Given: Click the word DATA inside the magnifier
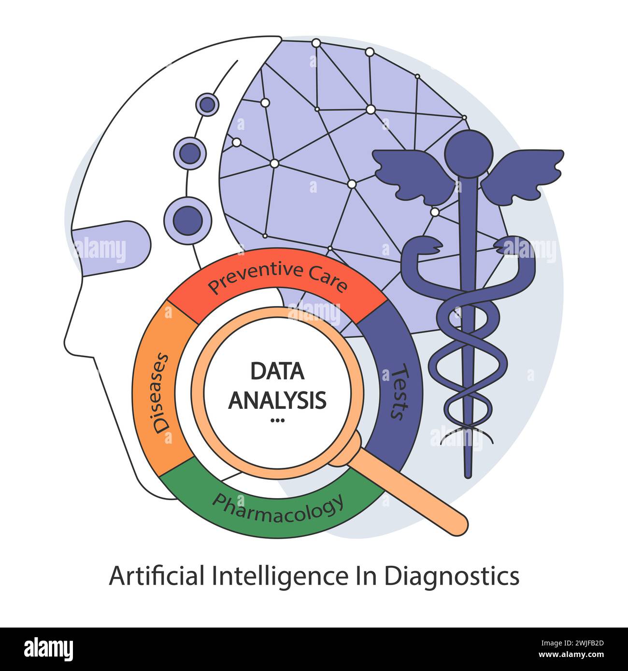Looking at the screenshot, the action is (x=277, y=371).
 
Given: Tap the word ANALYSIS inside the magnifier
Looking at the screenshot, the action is (x=277, y=400).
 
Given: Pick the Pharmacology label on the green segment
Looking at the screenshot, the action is (x=278, y=508).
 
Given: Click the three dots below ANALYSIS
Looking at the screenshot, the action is (x=278, y=420).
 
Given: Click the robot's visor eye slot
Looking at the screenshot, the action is (x=112, y=248).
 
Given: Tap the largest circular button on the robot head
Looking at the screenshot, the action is (x=188, y=221).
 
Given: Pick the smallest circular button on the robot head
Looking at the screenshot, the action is (x=207, y=105).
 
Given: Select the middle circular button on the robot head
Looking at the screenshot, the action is (x=190, y=154).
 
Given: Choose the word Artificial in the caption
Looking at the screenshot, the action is (x=157, y=575).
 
